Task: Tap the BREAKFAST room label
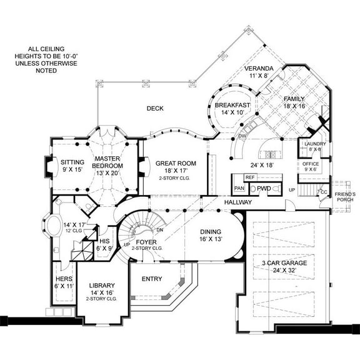(232, 106)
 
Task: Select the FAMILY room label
(294, 99)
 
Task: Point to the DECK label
(155, 108)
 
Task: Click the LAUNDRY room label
(311, 144)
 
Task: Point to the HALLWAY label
(238, 202)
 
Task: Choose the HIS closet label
(104, 241)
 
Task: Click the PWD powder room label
(263, 187)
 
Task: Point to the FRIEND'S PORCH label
(345, 198)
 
